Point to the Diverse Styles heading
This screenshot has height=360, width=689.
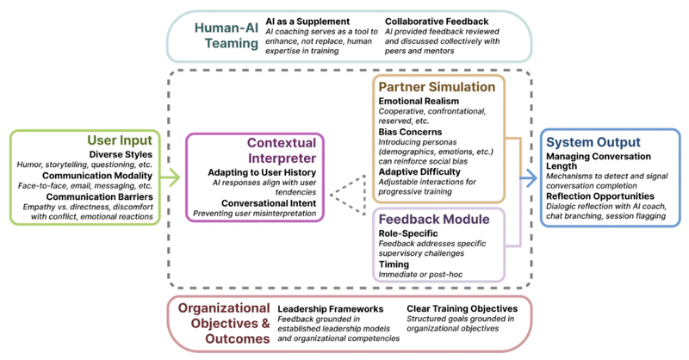click(x=127, y=155)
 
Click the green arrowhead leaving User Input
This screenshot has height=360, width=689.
click(x=176, y=179)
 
